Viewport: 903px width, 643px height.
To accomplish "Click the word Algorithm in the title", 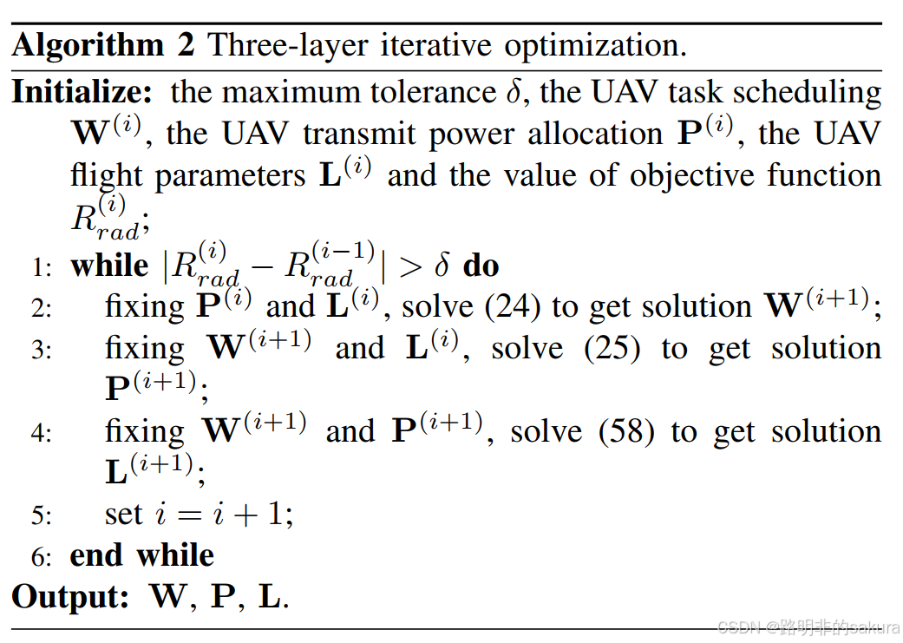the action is point(88,45).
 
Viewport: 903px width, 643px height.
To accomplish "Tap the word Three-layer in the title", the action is point(287,45).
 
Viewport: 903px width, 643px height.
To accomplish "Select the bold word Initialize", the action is point(82,91).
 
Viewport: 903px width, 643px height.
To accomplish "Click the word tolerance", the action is point(433,92).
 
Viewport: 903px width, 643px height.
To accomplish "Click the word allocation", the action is point(595,134).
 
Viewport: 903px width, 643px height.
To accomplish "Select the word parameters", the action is point(231,176).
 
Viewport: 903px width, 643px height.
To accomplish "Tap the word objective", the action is point(691,175).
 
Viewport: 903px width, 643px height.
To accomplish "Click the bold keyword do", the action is point(481,266).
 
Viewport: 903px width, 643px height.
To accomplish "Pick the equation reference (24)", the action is point(513,307).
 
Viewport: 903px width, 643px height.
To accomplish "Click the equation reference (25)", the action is point(612,349).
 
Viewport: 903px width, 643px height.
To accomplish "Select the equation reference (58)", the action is point(626,432).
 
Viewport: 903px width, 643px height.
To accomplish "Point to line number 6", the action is point(41,557).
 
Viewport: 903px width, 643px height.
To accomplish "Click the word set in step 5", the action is point(123,515).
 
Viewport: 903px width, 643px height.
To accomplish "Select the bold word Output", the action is point(70,596).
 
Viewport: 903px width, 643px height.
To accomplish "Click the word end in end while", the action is point(96,555).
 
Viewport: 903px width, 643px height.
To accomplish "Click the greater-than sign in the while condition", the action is point(410,266).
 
